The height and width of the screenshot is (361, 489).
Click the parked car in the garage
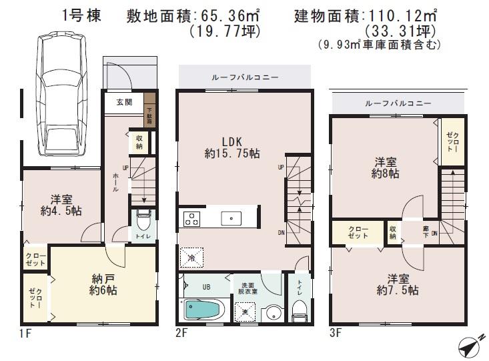(x=61, y=95)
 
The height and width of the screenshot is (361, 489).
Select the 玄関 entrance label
(x=124, y=102)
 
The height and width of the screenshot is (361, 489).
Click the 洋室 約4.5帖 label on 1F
(x=61, y=204)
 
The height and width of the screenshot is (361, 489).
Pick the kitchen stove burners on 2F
(x=191, y=218)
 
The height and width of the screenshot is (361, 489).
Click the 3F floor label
(x=338, y=330)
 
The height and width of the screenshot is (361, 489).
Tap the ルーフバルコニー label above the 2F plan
(x=245, y=77)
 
